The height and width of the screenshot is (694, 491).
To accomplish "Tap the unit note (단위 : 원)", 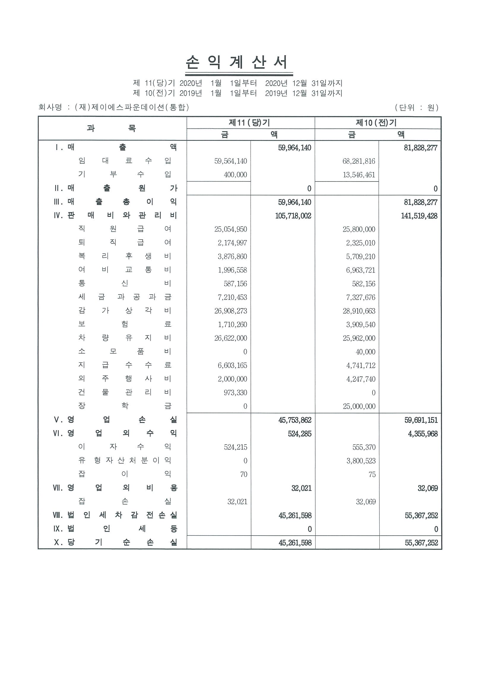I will point(416,107).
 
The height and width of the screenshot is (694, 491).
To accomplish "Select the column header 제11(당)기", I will point(249,123).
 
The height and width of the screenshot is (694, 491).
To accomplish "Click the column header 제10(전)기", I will point(376,123).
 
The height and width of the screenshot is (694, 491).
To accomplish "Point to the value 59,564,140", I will point(231,161).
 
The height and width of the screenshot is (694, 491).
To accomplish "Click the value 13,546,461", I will point(359,175).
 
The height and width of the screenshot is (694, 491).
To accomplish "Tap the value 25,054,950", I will point(231,230).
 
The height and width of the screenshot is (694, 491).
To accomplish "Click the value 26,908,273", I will point(231,311).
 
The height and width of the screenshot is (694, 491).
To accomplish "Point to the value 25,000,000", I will point(359,406).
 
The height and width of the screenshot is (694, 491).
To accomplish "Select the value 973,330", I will point(235,393).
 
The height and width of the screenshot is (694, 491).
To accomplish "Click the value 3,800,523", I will point(361,461).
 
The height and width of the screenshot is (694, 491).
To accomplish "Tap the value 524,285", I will point(300,434).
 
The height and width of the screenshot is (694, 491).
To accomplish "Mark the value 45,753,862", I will point(295,420).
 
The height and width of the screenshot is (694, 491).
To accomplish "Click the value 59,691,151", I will point(421,420).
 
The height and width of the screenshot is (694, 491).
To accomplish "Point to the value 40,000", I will point(365,352).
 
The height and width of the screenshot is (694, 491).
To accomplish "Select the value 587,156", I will point(235,284).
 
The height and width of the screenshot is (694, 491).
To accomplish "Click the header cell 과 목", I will point(112,128).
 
